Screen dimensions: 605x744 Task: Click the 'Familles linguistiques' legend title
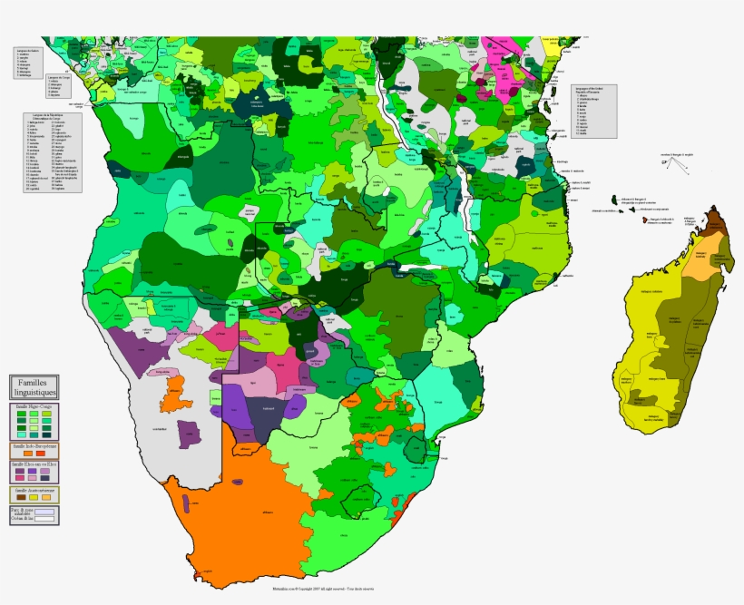pos(35,388)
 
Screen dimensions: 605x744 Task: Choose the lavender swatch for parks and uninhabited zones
pos(43,512)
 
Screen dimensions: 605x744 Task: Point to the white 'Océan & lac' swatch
pos(43,521)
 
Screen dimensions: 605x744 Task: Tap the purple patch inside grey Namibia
pos(187,434)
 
